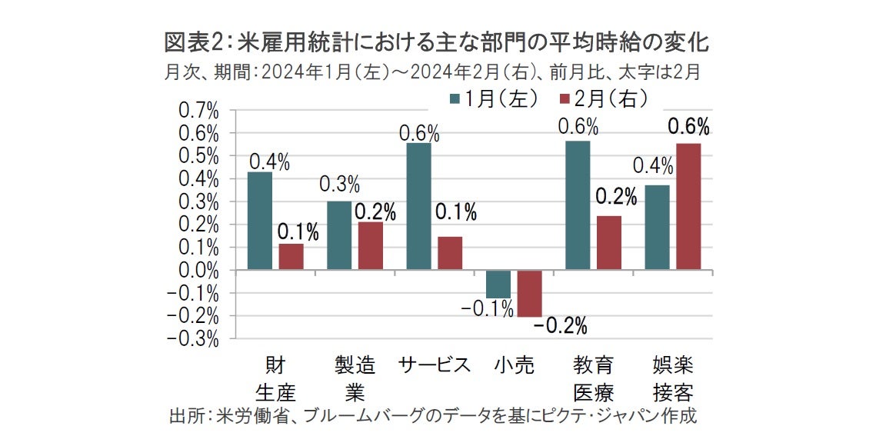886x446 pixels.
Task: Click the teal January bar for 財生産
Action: click(260, 221)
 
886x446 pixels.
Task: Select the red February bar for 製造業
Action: click(370, 246)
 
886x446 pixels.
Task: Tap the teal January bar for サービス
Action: click(419, 206)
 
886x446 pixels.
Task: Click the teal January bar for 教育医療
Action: click(578, 205)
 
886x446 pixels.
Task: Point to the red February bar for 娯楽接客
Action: click(688, 207)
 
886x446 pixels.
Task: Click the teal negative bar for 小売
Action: click(498, 284)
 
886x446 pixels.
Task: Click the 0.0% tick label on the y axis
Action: click(198, 271)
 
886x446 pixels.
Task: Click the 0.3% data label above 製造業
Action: click(338, 185)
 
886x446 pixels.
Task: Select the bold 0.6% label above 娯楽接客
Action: click(688, 127)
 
